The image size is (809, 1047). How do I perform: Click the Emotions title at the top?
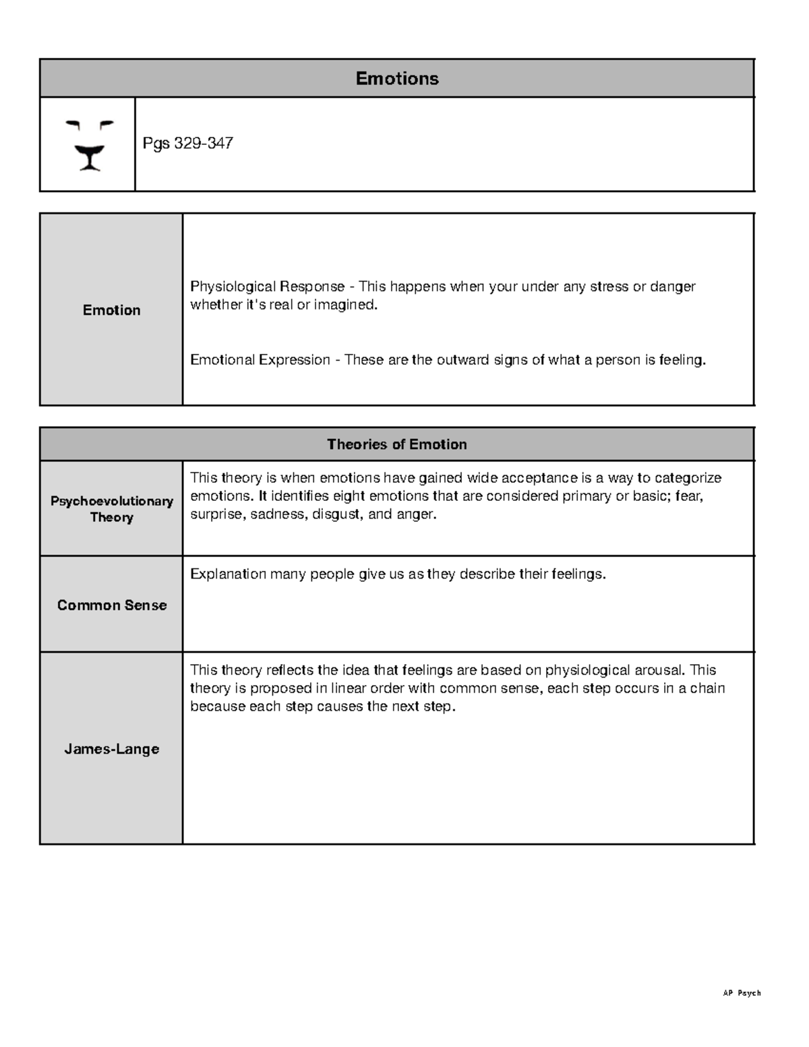click(x=396, y=79)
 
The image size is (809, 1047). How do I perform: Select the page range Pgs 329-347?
click(x=188, y=144)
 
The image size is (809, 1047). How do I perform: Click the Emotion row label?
click(x=111, y=310)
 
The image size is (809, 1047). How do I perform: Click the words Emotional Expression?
click(x=260, y=360)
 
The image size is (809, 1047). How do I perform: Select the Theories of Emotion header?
click(x=396, y=444)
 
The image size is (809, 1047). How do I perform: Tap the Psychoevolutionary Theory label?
click(x=111, y=509)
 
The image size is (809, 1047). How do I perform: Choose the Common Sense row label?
click(x=111, y=605)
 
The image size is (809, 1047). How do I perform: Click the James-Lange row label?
click(x=111, y=749)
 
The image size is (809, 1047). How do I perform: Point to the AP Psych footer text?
click(x=741, y=993)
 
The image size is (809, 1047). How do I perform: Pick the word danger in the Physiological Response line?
click(x=672, y=287)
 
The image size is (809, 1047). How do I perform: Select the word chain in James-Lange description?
click(x=707, y=688)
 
